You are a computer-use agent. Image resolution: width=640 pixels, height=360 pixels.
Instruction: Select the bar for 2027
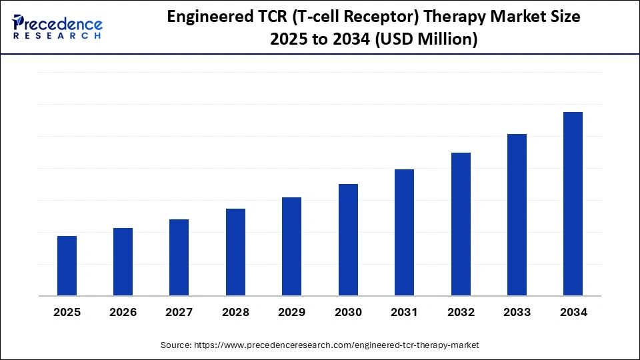[x=179, y=257]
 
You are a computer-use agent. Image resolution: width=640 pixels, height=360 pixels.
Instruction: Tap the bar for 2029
[x=291, y=246]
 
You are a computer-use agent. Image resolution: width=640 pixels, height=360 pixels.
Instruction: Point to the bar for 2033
[x=517, y=215]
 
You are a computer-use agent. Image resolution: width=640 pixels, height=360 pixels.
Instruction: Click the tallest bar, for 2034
[x=573, y=203]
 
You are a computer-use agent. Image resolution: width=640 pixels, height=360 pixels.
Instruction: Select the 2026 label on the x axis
[x=123, y=312]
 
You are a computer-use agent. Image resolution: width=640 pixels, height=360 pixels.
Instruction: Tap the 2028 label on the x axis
[x=235, y=312]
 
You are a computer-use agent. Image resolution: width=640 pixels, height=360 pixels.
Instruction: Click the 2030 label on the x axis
[x=348, y=312]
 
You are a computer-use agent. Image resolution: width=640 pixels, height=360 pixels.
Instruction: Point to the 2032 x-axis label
[x=461, y=312]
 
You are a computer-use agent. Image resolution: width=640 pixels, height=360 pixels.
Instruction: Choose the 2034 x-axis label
[x=573, y=312]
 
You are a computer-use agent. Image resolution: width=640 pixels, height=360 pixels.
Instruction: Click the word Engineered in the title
[x=206, y=17]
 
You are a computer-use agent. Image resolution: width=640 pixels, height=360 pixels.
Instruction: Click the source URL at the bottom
[x=336, y=345]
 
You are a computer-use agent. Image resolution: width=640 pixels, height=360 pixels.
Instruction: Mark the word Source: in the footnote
[x=175, y=345]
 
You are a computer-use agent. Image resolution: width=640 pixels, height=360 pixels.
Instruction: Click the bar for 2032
[x=461, y=224]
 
